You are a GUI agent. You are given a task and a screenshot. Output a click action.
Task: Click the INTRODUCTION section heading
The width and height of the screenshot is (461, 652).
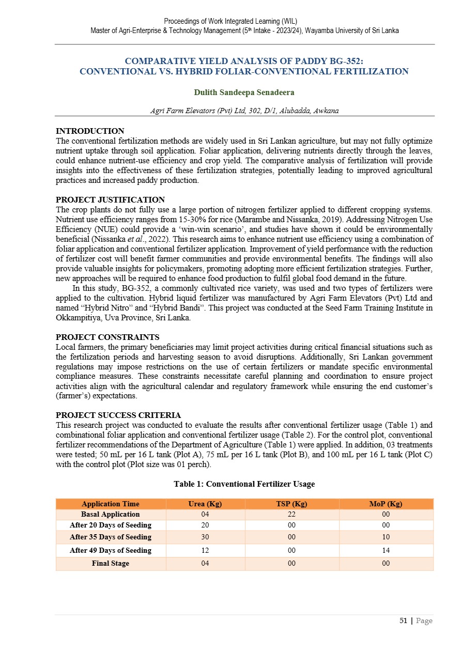90,131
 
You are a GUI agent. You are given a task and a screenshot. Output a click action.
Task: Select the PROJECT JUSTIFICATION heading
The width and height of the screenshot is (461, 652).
110,199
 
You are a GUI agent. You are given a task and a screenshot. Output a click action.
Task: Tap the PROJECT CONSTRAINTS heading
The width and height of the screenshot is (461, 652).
107,337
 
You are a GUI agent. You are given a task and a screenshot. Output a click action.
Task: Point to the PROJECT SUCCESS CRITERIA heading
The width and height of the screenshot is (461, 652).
118,415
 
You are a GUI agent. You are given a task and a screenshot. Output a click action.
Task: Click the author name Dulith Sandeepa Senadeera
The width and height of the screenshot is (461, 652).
244,92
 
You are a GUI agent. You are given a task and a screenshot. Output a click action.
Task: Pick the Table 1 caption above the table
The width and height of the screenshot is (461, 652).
244,484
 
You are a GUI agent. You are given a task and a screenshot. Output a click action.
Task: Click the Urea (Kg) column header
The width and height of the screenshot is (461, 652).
205,504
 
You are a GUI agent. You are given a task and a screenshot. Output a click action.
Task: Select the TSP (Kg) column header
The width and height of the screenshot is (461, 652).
291,504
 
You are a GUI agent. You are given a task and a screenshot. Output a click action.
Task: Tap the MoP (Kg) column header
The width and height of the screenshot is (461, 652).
386,504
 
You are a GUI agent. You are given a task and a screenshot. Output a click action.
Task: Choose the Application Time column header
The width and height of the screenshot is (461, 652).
111,504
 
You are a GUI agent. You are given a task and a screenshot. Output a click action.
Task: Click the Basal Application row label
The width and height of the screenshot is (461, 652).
111,514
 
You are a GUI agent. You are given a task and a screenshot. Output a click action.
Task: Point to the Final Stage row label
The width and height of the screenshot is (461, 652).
111,563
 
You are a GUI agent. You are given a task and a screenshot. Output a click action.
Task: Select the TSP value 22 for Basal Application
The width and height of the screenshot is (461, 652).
291,514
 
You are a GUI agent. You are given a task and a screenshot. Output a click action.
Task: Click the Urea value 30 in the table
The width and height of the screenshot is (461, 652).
205,537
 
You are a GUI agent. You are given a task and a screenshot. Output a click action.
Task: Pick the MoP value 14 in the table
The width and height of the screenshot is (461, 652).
386,550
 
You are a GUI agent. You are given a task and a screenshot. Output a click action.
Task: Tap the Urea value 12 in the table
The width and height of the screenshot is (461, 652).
205,550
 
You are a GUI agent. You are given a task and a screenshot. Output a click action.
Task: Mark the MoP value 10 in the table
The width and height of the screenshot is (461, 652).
386,537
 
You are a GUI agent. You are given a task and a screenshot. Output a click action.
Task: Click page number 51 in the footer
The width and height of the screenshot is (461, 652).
404,620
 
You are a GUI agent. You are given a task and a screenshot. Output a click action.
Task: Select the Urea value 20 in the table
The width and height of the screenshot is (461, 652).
205,525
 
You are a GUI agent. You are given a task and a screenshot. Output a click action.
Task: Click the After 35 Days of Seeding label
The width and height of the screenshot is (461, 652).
111,537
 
